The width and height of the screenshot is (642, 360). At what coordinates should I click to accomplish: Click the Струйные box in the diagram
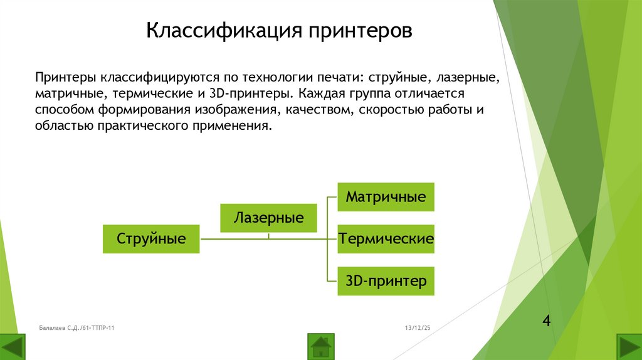click(151, 239)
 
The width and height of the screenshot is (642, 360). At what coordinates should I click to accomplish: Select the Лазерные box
click(268, 218)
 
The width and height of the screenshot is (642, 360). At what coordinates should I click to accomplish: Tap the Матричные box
click(386, 197)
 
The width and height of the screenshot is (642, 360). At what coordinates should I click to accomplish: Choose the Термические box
click(386, 239)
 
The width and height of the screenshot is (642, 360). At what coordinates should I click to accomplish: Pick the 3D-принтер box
click(386, 281)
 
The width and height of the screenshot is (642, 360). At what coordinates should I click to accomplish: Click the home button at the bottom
click(321, 346)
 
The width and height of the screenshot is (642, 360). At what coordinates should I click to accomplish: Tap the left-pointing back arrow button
click(13, 347)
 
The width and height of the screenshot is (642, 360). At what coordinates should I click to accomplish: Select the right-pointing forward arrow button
click(629, 347)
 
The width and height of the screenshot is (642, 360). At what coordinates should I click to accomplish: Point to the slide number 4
click(546, 322)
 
